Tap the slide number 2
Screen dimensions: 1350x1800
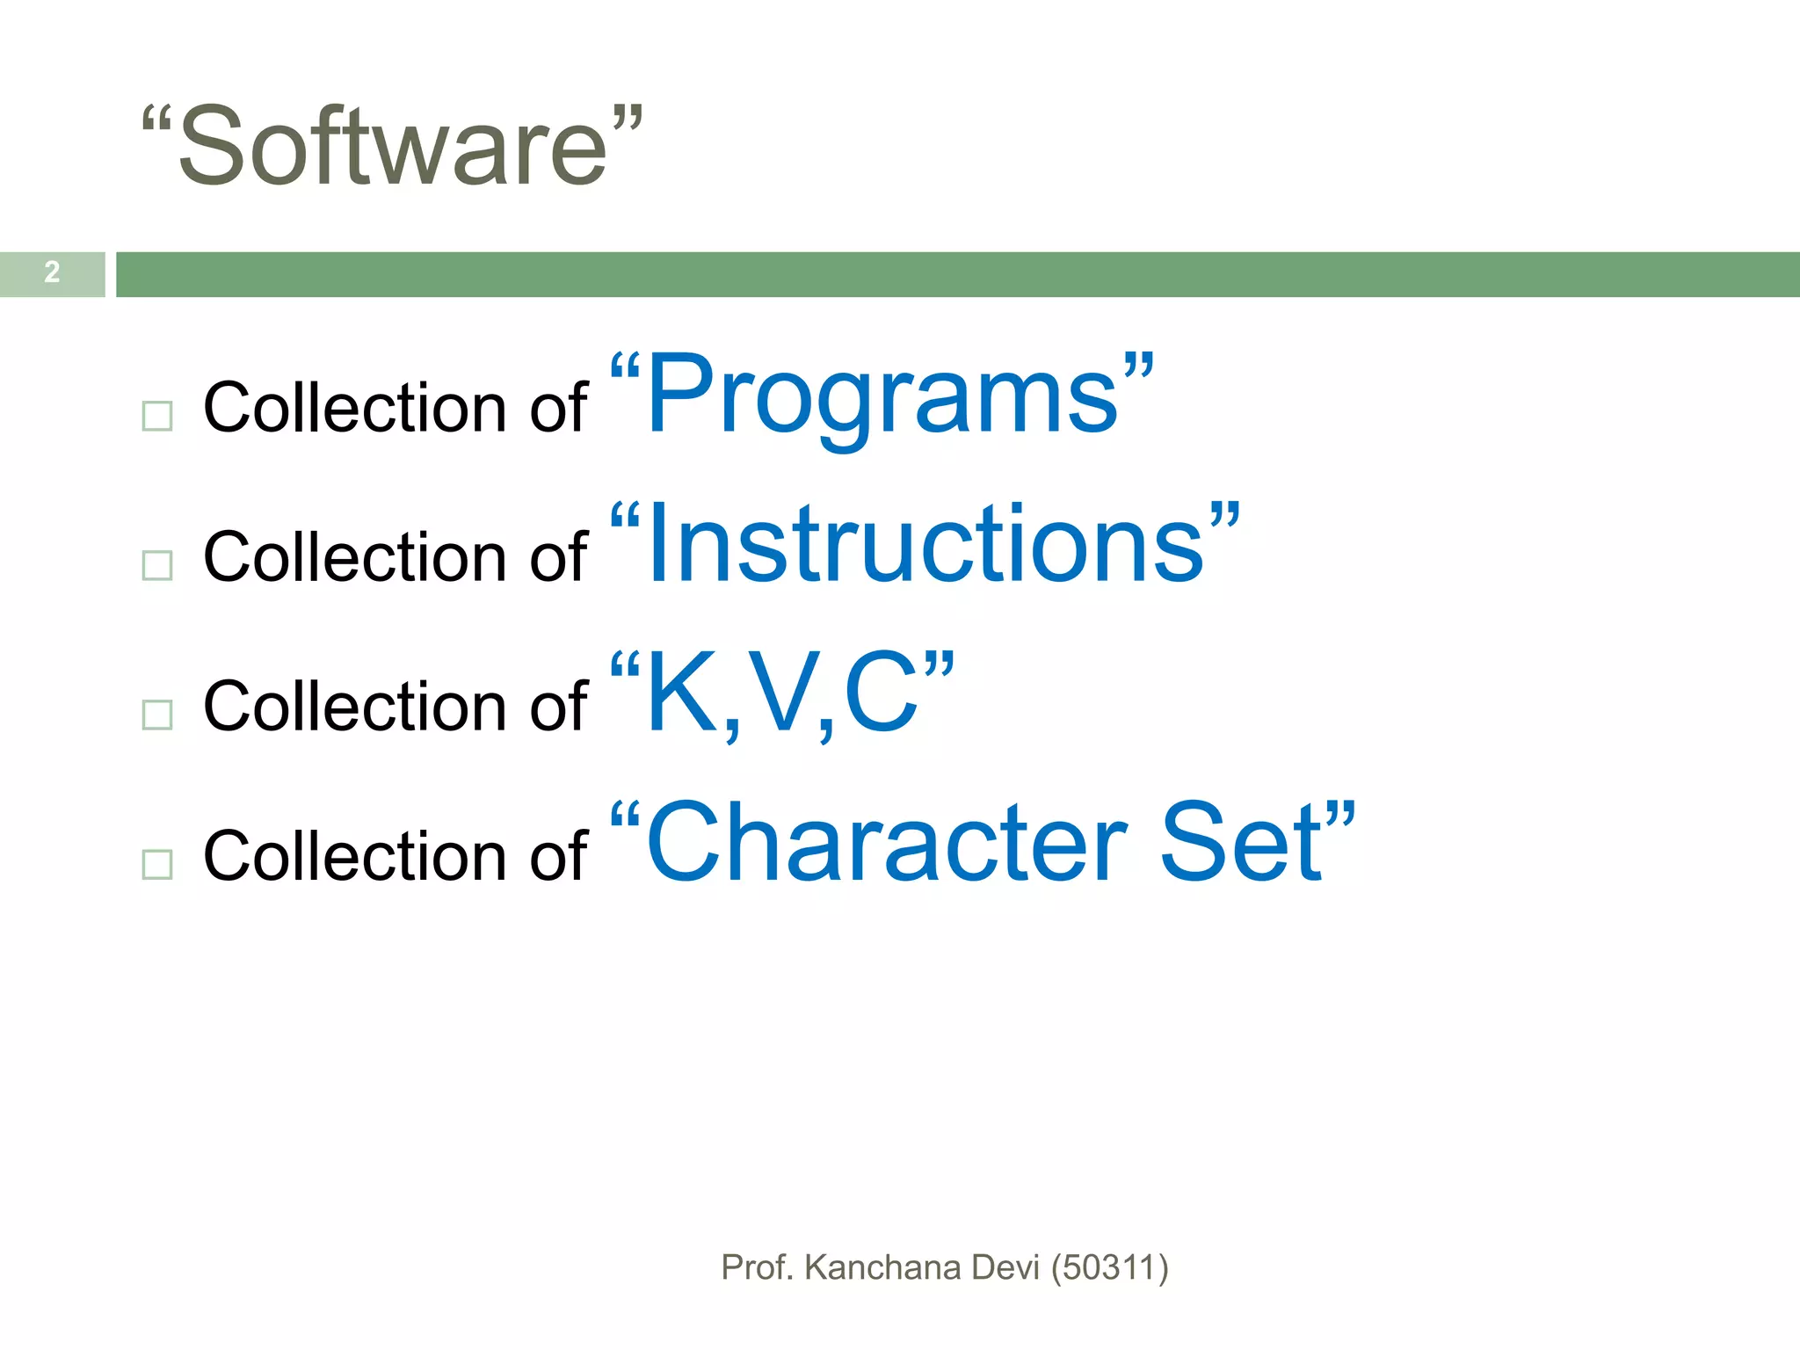(52, 272)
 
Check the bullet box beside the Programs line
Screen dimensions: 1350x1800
(157, 416)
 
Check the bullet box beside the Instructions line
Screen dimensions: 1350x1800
(157, 565)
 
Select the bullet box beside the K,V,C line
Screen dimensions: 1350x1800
(157, 715)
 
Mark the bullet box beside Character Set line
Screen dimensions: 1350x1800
(157, 864)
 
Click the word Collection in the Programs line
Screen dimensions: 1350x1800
(355, 408)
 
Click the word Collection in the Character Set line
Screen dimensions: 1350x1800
(355, 856)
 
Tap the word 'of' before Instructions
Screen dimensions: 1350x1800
(558, 557)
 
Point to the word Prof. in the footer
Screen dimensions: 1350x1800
(757, 1267)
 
